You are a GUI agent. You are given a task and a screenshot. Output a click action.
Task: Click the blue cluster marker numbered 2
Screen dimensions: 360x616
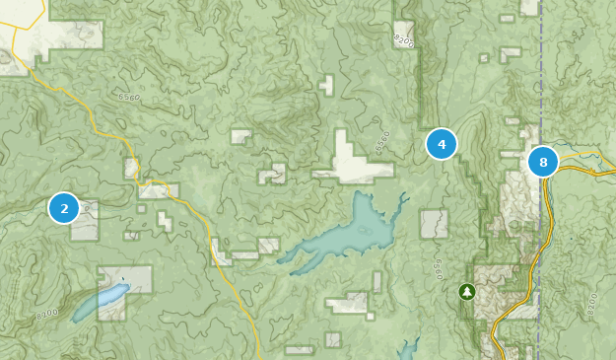tap(64, 208)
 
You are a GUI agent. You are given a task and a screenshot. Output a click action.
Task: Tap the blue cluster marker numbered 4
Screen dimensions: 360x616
tap(442, 145)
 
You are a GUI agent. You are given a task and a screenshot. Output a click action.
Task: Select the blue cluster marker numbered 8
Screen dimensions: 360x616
tap(543, 162)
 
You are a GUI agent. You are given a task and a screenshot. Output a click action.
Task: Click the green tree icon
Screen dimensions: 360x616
tap(466, 291)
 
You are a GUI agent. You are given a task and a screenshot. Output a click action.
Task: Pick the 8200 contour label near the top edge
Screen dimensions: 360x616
tap(404, 40)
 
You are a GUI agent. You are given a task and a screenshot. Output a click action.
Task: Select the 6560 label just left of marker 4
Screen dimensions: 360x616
tap(382, 141)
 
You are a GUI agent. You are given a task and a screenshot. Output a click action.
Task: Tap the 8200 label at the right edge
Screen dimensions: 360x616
tap(591, 303)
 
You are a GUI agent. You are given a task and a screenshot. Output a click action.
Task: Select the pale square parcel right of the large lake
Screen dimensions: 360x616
tap(434, 223)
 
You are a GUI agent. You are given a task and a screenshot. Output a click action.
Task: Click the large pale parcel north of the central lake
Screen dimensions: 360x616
tap(352, 160)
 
